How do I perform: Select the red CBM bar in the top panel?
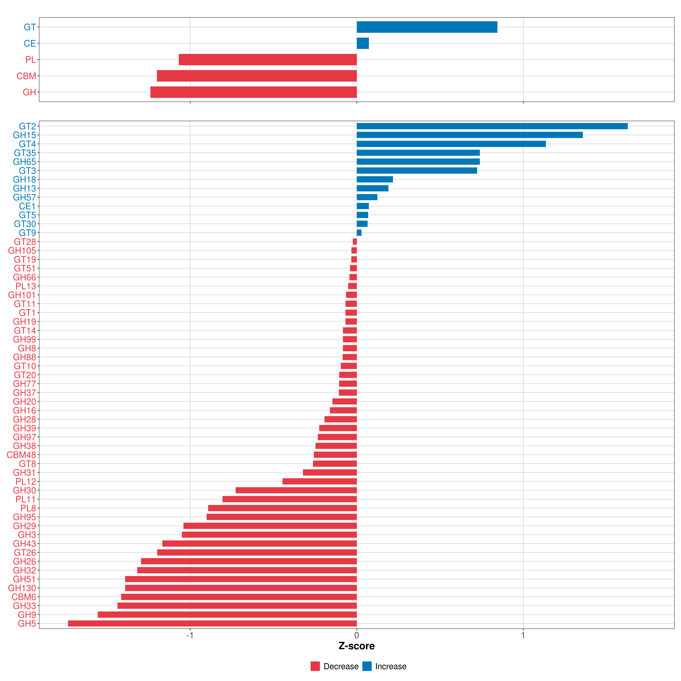257,76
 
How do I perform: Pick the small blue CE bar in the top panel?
363,43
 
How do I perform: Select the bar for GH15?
469,135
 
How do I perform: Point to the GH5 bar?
212,624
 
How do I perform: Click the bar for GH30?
296,490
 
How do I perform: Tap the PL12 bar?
319,482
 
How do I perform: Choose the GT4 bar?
451,144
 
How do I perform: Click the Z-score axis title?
356,646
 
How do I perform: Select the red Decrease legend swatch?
315,666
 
